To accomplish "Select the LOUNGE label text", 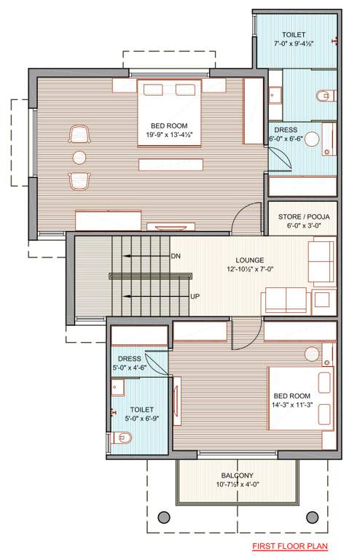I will click(249, 260).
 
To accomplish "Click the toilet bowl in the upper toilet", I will click(325, 95).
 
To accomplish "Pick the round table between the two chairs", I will click(79, 156).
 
